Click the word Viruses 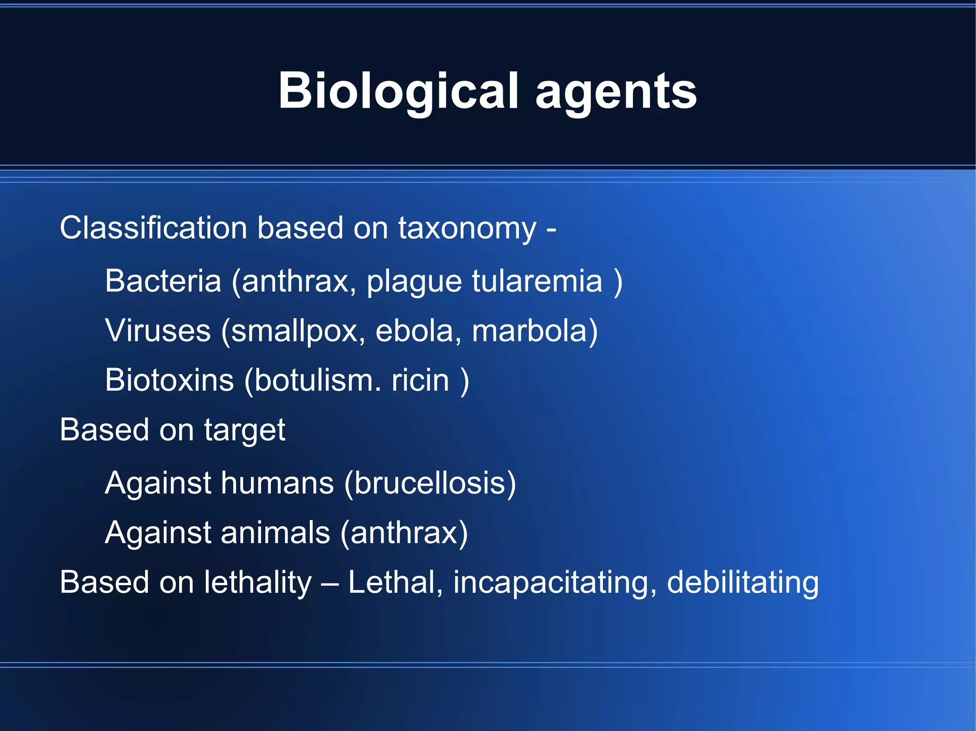pyautogui.click(x=158, y=330)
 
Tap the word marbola pyautogui.click(x=529, y=330)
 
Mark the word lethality pyautogui.click(x=257, y=583)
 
